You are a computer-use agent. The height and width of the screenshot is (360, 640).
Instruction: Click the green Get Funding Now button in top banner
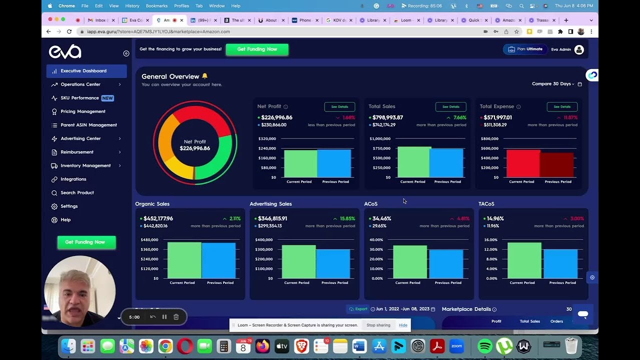tap(257, 49)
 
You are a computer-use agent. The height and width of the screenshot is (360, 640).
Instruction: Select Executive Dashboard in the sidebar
tap(83, 71)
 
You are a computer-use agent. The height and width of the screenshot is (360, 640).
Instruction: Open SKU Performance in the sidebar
tap(79, 98)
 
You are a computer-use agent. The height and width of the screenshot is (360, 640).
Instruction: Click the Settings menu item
tap(69, 206)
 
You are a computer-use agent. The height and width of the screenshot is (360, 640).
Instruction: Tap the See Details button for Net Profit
tap(339, 106)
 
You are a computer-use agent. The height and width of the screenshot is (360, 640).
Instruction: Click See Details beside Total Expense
tap(562, 106)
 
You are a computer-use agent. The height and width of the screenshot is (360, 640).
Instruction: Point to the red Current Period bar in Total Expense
tap(523, 163)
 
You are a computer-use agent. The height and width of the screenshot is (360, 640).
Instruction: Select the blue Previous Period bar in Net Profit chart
tap(334, 163)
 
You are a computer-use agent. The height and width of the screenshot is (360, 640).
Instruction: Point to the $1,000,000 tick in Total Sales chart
tap(380, 138)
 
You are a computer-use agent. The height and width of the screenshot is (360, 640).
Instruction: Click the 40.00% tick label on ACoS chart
tap(376, 240)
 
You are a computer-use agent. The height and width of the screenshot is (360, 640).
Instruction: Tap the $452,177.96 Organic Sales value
tap(158, 218)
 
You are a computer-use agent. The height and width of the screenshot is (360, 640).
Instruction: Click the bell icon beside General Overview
tap(204, 76)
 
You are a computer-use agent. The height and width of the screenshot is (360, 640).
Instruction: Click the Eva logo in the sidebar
tap(65, 51)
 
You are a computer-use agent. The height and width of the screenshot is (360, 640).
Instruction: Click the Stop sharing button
tap(378, 325)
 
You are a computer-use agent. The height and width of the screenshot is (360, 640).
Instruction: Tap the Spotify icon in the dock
tap(484, 346)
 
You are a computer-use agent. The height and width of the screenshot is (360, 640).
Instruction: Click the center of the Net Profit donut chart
tap(195, 145)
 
